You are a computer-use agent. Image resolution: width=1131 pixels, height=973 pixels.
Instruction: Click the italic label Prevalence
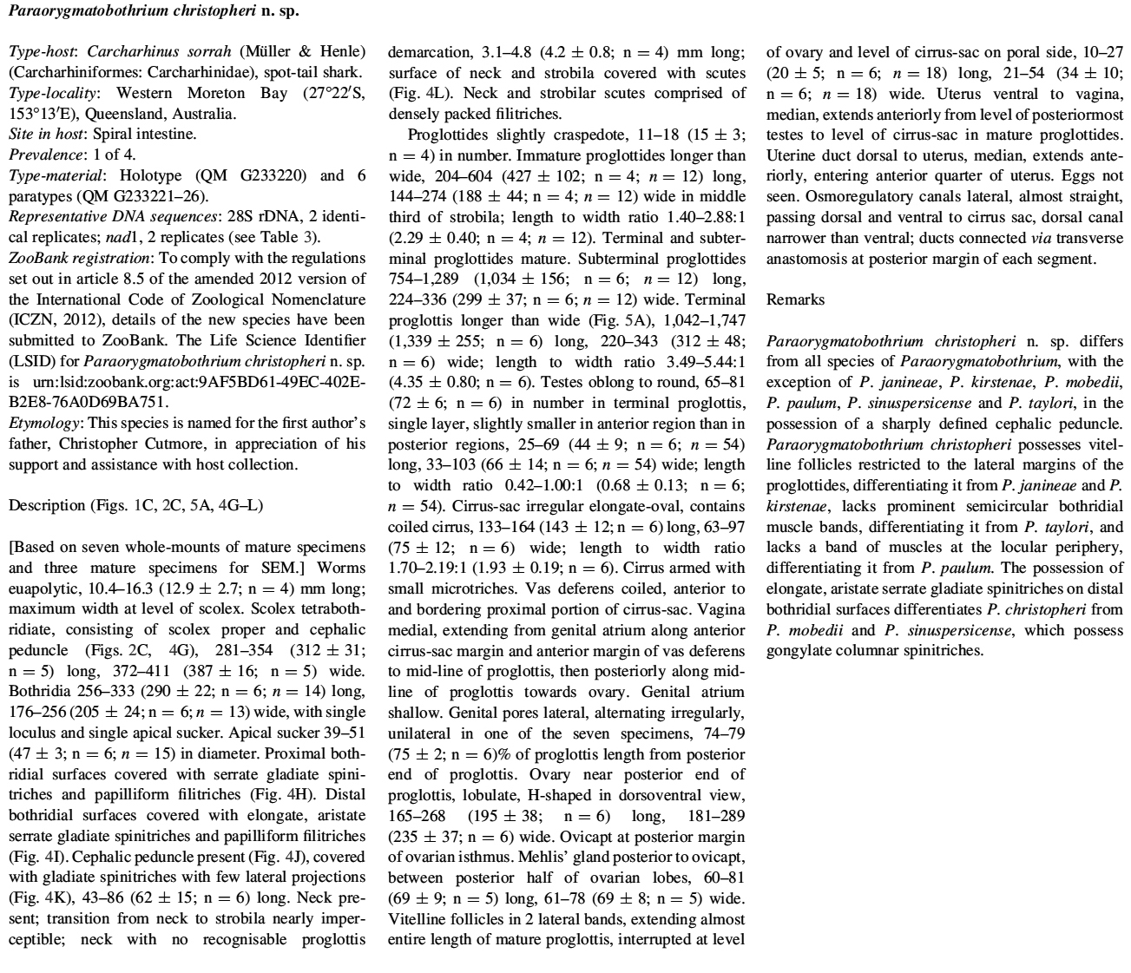coord(41,154)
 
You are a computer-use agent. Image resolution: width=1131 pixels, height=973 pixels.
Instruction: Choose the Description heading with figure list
coord(135,505)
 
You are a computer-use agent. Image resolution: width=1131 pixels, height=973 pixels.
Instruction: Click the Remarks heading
coord(795,299)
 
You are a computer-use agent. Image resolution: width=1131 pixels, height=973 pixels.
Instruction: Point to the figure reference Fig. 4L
coord(417,93)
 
